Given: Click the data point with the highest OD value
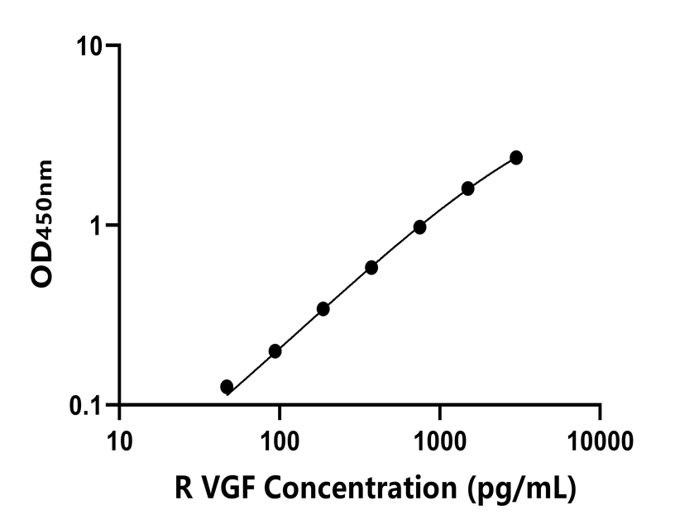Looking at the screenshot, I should [516, 157].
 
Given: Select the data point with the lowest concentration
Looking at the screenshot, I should [227, 386].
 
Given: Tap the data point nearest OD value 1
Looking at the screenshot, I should [419, 226].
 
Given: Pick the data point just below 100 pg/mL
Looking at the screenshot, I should [275, 351].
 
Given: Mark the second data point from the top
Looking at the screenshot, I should [468, 188].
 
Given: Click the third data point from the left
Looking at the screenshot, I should [323, 309].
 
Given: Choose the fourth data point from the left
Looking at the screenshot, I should [371, 268].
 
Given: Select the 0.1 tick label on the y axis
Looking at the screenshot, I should [84, 405].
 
